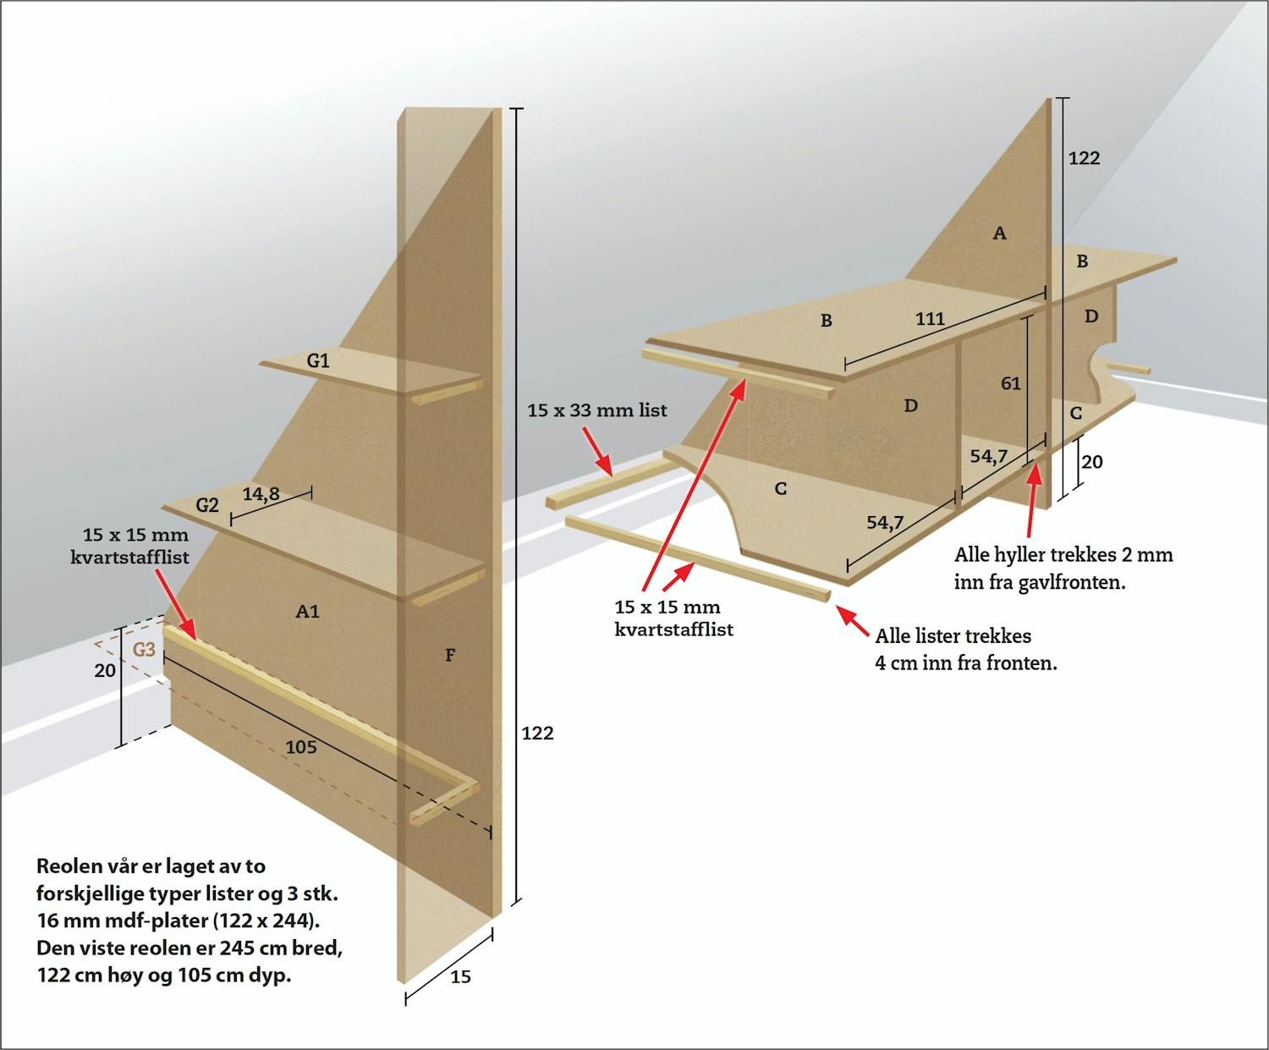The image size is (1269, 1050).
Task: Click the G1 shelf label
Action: (x=318, y=360)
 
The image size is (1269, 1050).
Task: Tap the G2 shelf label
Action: (x=207, y=504)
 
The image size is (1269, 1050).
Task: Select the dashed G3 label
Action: (x=144, y=650)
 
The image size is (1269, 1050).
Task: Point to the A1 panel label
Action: (x=308, y=611)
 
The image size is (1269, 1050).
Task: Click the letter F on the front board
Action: (x=450, y=655)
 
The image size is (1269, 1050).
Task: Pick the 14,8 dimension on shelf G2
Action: (x=261, y=494)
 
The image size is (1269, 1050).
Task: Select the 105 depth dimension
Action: (x=301, y=746)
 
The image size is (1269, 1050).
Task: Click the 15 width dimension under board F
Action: (x=461, y=976)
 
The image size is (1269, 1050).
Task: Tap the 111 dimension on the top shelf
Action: (x=931, y=319)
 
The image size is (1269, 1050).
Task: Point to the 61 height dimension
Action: (x=1011, y=383)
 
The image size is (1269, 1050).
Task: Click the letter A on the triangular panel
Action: (x=1000, y=233)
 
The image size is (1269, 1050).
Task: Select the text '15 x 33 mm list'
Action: (x=596, y=410)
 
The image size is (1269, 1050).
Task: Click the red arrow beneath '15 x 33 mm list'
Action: (x=598, y=451)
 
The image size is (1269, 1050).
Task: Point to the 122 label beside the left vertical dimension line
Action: (x=538, y=733)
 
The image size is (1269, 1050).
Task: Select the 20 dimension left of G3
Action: (x=105, y=670)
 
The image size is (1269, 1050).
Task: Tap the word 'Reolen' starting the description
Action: (x=70, y=866)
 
